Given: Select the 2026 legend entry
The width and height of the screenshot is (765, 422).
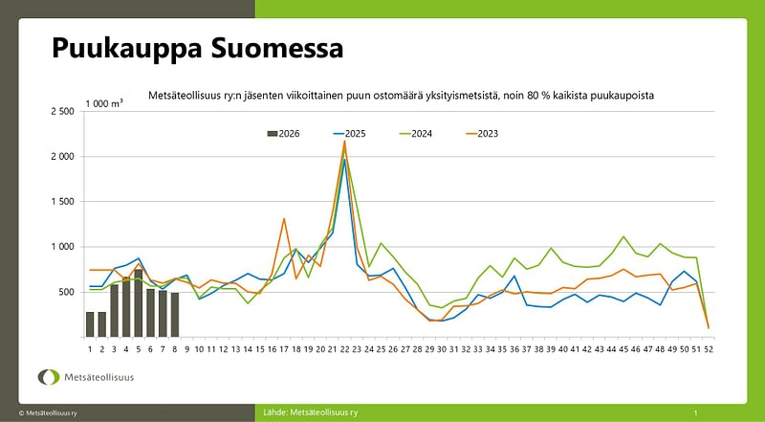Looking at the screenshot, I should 283,133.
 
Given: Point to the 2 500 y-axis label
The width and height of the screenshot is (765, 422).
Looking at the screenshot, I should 61,112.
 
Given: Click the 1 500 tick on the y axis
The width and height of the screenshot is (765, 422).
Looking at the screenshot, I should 61,202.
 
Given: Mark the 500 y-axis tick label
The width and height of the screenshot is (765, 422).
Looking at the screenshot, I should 66,292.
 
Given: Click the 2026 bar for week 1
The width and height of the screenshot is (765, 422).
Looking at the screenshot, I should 90,324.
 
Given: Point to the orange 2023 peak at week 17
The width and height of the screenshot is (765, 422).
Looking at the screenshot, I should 284,219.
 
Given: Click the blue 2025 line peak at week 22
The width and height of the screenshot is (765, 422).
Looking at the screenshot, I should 344,160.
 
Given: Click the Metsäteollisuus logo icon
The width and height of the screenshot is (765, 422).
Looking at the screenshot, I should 47,376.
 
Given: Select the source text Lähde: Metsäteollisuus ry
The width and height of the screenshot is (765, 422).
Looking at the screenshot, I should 310,411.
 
